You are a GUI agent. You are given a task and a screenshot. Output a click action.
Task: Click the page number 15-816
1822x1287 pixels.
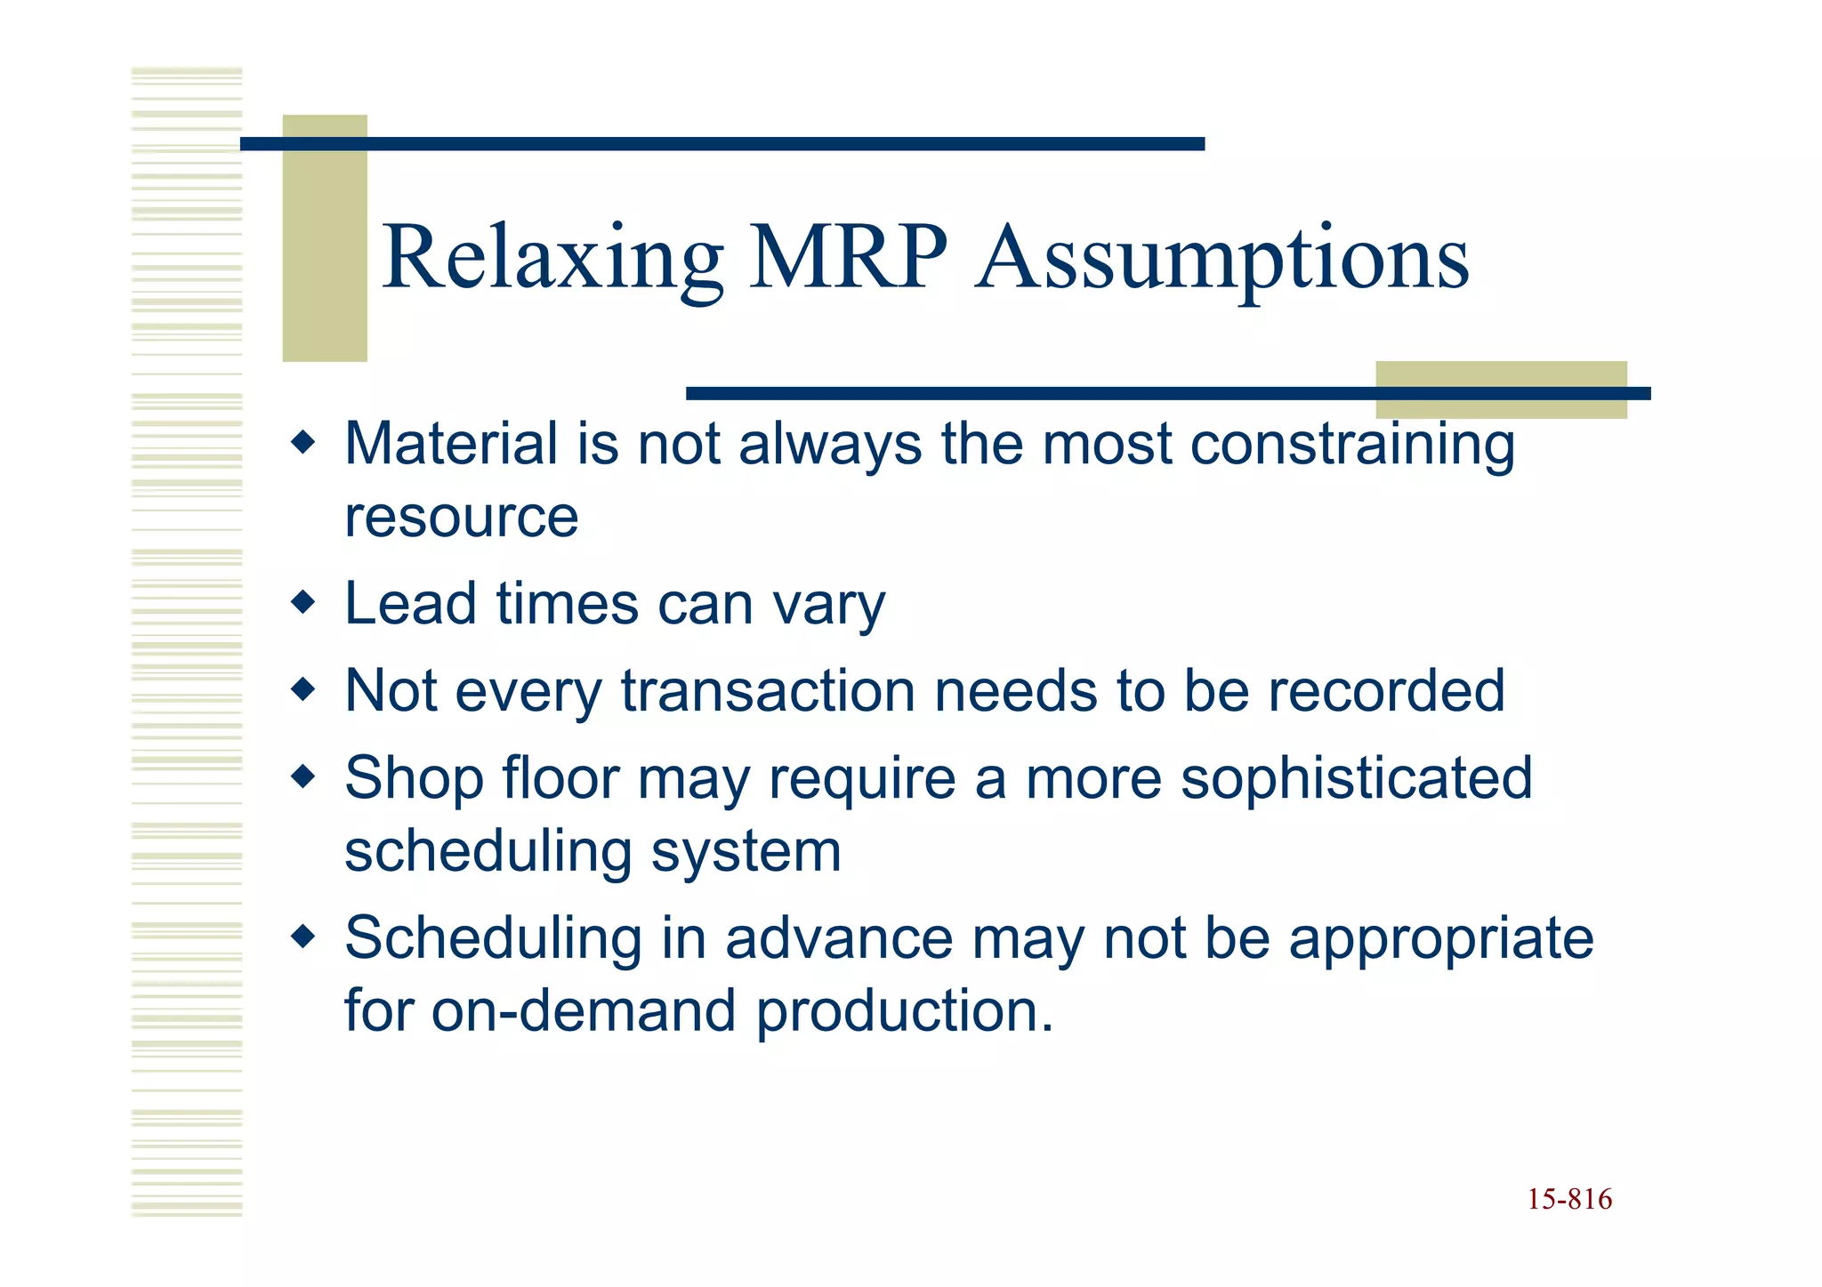coord(1569,1200)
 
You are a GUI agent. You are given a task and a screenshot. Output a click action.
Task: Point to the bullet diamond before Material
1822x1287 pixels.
coord(303,441)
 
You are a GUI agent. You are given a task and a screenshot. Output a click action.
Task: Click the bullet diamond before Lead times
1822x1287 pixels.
coord(303,602)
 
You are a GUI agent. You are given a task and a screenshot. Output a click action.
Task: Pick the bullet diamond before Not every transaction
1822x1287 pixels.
coord(303,689)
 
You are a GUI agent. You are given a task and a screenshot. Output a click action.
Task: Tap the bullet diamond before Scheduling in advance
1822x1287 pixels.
coord(303,937)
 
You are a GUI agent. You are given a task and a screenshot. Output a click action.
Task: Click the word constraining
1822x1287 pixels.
coord(1351,444)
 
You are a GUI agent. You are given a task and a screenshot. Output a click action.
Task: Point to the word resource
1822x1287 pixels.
coord(461,518)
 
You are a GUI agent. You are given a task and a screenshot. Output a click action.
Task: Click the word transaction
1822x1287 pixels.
coord(768,691)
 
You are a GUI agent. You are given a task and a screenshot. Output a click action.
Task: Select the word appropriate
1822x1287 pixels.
coord(1440,940)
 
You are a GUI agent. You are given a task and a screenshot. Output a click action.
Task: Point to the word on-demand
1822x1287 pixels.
coord(584,1011)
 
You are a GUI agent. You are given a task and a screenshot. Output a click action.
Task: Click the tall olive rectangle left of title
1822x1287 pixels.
coord(325,238)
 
